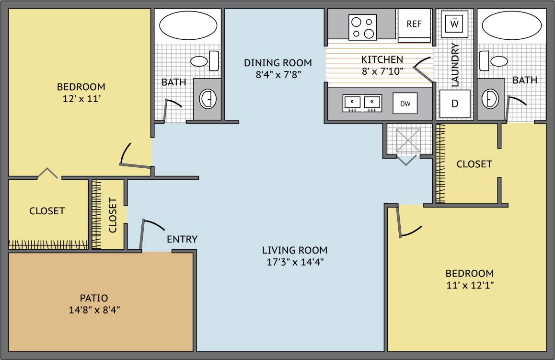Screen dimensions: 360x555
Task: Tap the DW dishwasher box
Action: click(x=405, y=103)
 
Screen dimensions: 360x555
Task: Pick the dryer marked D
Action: click(x=455, y=104)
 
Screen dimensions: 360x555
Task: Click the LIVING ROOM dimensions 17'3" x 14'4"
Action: click(x=295, y=262)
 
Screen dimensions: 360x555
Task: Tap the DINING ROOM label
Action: click(x=278, y=63)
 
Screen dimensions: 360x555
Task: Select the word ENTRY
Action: click(x=182, y=239)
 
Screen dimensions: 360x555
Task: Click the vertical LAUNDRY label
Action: click(x=455, y=65)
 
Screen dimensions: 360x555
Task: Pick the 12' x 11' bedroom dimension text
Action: click(x=81, y=99)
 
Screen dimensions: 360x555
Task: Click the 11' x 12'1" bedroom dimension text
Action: click(x=470, y=285)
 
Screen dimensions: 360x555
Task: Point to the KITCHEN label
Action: click(x=382, y=59)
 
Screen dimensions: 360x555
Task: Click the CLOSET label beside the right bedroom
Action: click(x=474, y=164)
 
